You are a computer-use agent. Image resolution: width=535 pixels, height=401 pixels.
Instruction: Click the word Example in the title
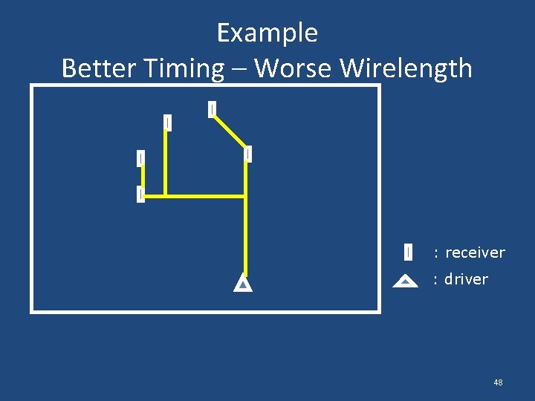[267, 33]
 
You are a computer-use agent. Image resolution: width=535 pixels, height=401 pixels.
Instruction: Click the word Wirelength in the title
[406, 68]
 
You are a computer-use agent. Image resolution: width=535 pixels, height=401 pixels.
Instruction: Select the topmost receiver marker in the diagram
[213, 109]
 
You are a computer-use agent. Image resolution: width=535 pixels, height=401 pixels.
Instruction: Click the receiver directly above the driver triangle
[247, 154]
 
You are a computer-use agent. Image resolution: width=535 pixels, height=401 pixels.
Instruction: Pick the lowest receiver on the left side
[140, 194]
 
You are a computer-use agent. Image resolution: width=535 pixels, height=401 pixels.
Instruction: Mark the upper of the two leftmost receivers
[140, 158]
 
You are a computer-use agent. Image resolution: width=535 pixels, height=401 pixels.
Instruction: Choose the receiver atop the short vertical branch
[167, 123]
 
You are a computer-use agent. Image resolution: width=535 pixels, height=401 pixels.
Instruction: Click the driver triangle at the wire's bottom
[243, 284]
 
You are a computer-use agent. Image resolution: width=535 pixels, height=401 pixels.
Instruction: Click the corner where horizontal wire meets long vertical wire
[245, 196]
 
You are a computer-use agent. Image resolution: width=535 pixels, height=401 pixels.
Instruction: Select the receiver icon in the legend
[408, 252]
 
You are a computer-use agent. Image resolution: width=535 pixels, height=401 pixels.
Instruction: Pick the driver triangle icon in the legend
[404, 281]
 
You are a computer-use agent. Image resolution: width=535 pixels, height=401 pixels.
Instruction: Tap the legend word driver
[466, 279]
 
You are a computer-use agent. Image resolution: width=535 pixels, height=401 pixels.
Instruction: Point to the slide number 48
[498, 382]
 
